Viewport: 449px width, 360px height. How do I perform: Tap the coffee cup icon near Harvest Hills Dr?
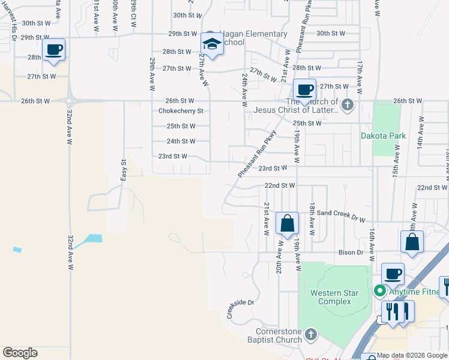pyautogui.click(x=54, y=49)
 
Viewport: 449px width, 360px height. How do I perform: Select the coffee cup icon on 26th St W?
pyautogui.click(x=304, y=90)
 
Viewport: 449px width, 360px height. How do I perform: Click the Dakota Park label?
pyautogui.click(x=383, y=136)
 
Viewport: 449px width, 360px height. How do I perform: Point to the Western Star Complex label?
pyautogui.click(x=334, y=297)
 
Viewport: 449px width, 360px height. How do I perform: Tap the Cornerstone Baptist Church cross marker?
pyautogui.click(x=310, y=334)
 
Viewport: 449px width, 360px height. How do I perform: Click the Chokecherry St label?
pyautogui.click(x=181, y=111)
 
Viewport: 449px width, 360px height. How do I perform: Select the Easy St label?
pyautogui.click(x=124, y=170)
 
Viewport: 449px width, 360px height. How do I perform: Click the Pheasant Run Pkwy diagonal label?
pyautogui.click(x=257, y=154)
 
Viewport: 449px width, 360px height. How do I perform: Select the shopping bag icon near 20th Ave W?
pyautogui.click(x=288, y=223)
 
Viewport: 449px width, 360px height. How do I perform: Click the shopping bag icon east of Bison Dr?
pyautogui.click(x=412, y=242)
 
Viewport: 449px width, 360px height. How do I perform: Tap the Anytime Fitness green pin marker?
pyautogui.click(x=379, y=292)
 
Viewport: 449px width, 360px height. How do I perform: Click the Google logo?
pyautogui.click(x=20, y=353)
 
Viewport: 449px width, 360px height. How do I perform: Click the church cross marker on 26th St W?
pyautogui.click(x=348, y=106)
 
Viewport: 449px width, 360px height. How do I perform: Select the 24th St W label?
pyautogui.click(x=181, y=142)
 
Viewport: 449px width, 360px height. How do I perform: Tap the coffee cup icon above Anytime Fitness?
pyautogui.click(x=393, y=274)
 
